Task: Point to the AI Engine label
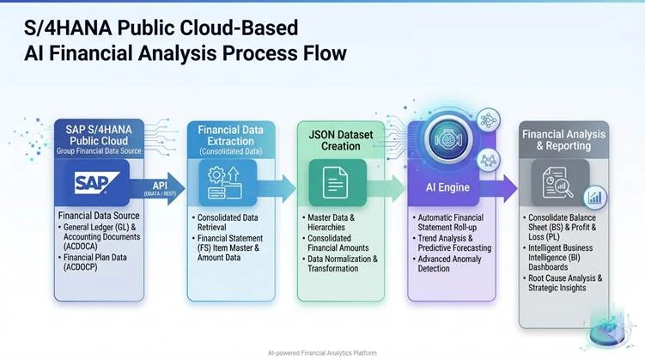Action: pyautogui.click(x=447, y=186)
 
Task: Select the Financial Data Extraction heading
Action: pyautogui.click(x=231, y=136)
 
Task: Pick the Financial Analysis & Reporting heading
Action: pyautogui.click(x=563, y=139)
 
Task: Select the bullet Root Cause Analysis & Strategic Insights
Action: pyautogui.click(x=567, y=283)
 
